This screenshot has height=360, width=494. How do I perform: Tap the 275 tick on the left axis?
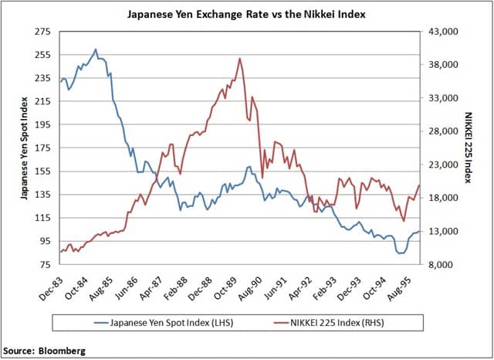pyautogui.click(x=42, y=32)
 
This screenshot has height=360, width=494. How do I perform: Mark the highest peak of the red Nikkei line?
pyautogui.click(x=240, y=58)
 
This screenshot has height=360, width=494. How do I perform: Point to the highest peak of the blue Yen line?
pyautogui.click(x=95, y=49)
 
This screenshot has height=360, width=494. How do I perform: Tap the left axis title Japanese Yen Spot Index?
pyautogui.click(x=24, y=148)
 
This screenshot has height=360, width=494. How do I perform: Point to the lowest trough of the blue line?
pyautogui.click(x=400, y=253)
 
